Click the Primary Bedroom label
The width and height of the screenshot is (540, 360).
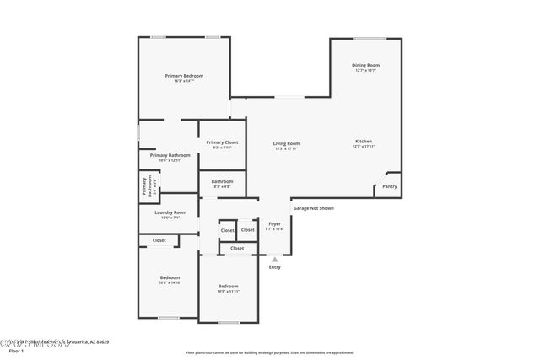pos(184,76)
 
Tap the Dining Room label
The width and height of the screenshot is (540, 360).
pos(365,65)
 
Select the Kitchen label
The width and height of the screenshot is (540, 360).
pos(363,141)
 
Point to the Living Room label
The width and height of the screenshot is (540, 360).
pos(286,143)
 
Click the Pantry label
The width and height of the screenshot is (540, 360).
pos(389,186)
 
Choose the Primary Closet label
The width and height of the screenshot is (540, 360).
pos(222,142)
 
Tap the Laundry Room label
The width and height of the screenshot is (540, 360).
pos(170,212)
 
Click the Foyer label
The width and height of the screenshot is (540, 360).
pos(274,223)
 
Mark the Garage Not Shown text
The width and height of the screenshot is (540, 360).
pos(313,207)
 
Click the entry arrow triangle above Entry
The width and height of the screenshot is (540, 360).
pos(274,260)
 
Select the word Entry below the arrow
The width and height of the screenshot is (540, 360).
pos(274,267)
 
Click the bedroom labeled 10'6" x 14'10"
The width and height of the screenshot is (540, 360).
pos(170,277)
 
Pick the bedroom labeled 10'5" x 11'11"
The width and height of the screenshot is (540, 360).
pos(228,286)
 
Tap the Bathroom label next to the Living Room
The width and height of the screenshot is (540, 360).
pos(222,181)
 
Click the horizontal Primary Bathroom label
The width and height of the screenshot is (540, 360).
pos(170,155)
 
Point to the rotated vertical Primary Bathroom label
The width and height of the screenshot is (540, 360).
pos(147,187)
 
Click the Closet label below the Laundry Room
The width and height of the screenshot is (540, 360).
pos(159,240)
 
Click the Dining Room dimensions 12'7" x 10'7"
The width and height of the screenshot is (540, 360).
pos(365,71)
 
